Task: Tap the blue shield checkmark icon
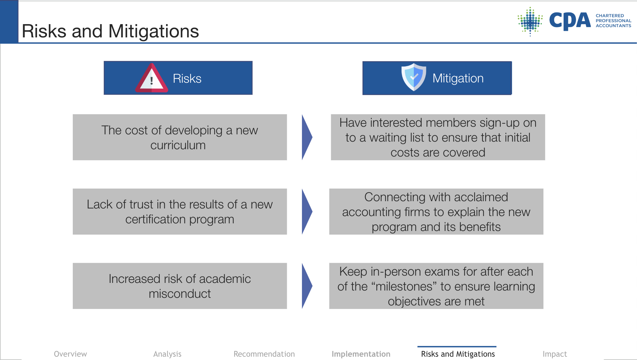[x=413, y=77]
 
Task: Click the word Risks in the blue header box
[x=187, y=79]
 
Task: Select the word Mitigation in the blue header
[x=458, y=78]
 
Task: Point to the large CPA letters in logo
[x=570, y=21]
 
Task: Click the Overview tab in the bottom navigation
[x=70, y=354]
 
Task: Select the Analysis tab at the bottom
[x=167, y=354]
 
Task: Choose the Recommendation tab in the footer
[x=264, y=354]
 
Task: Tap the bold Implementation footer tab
[x=361, y=354]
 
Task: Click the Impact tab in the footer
[x=555, y=354]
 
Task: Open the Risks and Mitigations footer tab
[x=458, y=354]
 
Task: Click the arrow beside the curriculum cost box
[x=307, y=137]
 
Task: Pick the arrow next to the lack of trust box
[x=307, y=211]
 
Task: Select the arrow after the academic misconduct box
[x=307, y=286]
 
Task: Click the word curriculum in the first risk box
[x=178, y=145]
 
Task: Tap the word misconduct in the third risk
[x=180, y=294]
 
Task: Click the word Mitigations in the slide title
[x=153, y=31]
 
